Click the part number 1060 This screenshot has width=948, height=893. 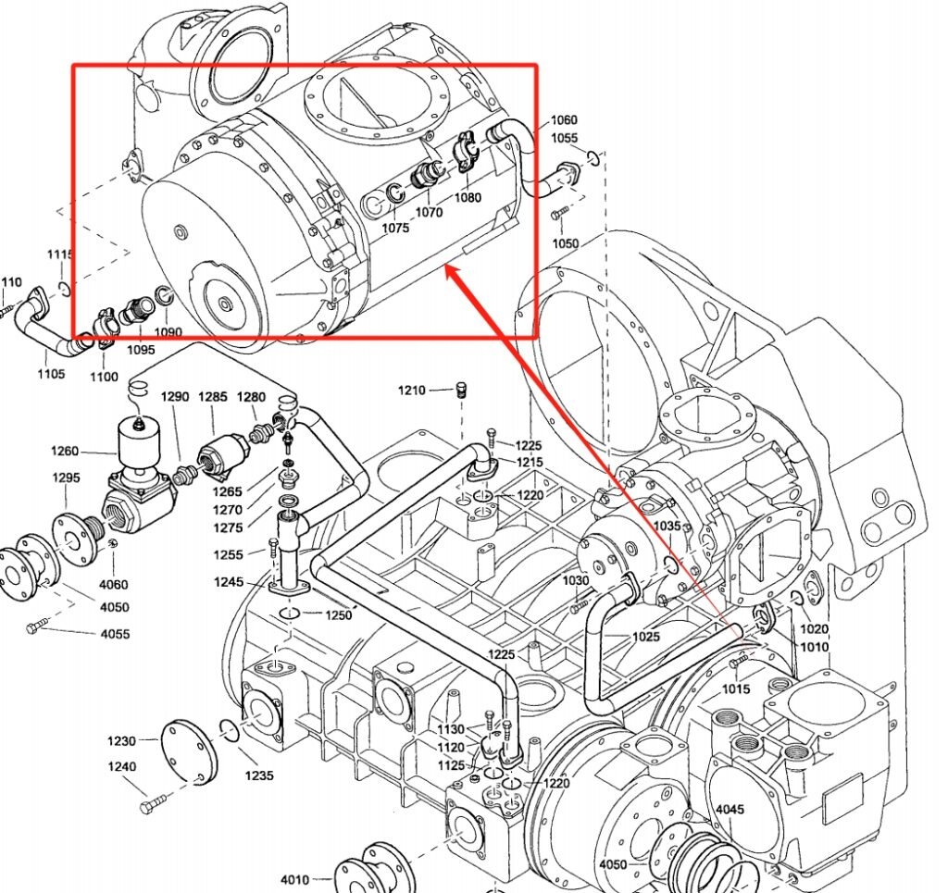coord(564,120)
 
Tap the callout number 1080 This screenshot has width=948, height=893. coord(468,197)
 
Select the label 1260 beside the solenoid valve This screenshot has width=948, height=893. coord(65,452)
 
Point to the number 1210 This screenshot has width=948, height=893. coord(412,390)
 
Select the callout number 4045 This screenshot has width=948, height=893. coord(730,810)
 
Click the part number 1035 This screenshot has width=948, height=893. coord(667,526)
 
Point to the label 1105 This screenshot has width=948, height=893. coord(51,374)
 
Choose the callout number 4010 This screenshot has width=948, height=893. coord(294,879)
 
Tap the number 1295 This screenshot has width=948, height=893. coord(66,478)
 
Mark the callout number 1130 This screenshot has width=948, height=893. coord(451,730)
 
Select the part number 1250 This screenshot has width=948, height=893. coord(339,614)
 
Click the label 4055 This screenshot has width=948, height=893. coord(116,634)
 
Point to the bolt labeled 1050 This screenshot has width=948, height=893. coord(557,215)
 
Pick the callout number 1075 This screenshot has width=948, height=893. coord(395,228)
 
